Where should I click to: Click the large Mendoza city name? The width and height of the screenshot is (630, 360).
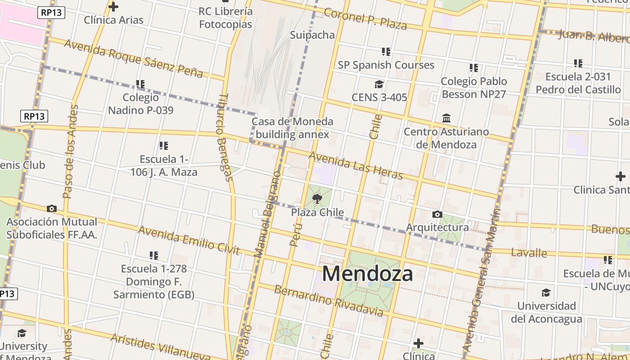click(x=367, y=274)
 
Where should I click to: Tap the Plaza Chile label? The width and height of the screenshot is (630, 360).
click(x=317, y=212)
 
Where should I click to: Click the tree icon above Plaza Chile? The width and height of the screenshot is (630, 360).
click(x=317, y=199)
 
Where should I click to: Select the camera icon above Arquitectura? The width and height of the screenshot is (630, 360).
click(x=437, y=214)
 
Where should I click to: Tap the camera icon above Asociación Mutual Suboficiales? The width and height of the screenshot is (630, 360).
click(x=52, y=208)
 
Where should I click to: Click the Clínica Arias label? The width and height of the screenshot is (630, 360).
click(x=113, y=20)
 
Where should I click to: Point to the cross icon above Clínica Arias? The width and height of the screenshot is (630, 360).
click(x=113, y=7)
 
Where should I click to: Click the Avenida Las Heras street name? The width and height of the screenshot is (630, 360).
click(x=355, y=165)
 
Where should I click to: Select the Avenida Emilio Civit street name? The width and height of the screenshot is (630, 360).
click(x=189, y=240)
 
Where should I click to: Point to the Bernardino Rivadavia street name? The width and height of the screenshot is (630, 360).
click(x=329, y=300)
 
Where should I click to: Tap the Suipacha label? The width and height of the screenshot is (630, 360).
click(x=312, y=35)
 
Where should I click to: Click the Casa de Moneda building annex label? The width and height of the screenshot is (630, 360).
click(x=292, y=128)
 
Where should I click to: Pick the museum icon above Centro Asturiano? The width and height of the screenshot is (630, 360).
click(x=446, y=118)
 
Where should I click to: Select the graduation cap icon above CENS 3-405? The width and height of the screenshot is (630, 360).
click(x=379, y=84)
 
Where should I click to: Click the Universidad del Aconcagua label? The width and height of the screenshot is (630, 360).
click(x=546, y=312)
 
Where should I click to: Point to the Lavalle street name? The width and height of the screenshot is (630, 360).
click(x=529, y=252)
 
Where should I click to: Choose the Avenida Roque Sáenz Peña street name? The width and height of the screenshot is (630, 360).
click(x=133, y=58)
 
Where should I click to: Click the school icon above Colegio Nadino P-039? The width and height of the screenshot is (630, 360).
click(x=140, y=84)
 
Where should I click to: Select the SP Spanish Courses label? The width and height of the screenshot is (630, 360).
click(x=386, y=65)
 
